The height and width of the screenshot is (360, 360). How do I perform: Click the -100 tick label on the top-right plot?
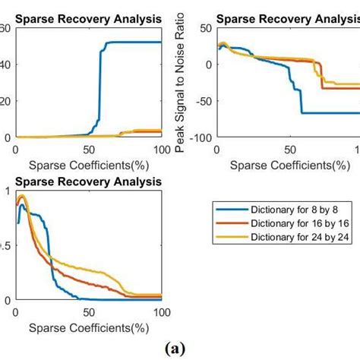click(201, 137)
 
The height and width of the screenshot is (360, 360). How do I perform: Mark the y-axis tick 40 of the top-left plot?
click(5, 65)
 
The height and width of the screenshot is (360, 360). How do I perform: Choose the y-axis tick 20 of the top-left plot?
click(5, 101)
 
